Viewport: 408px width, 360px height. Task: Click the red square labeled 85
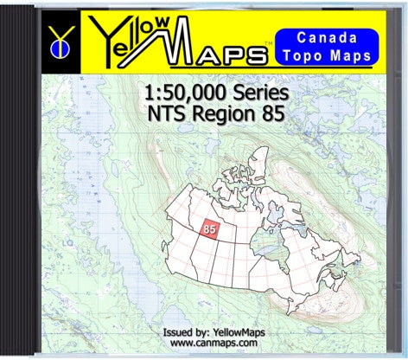point(209,228)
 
